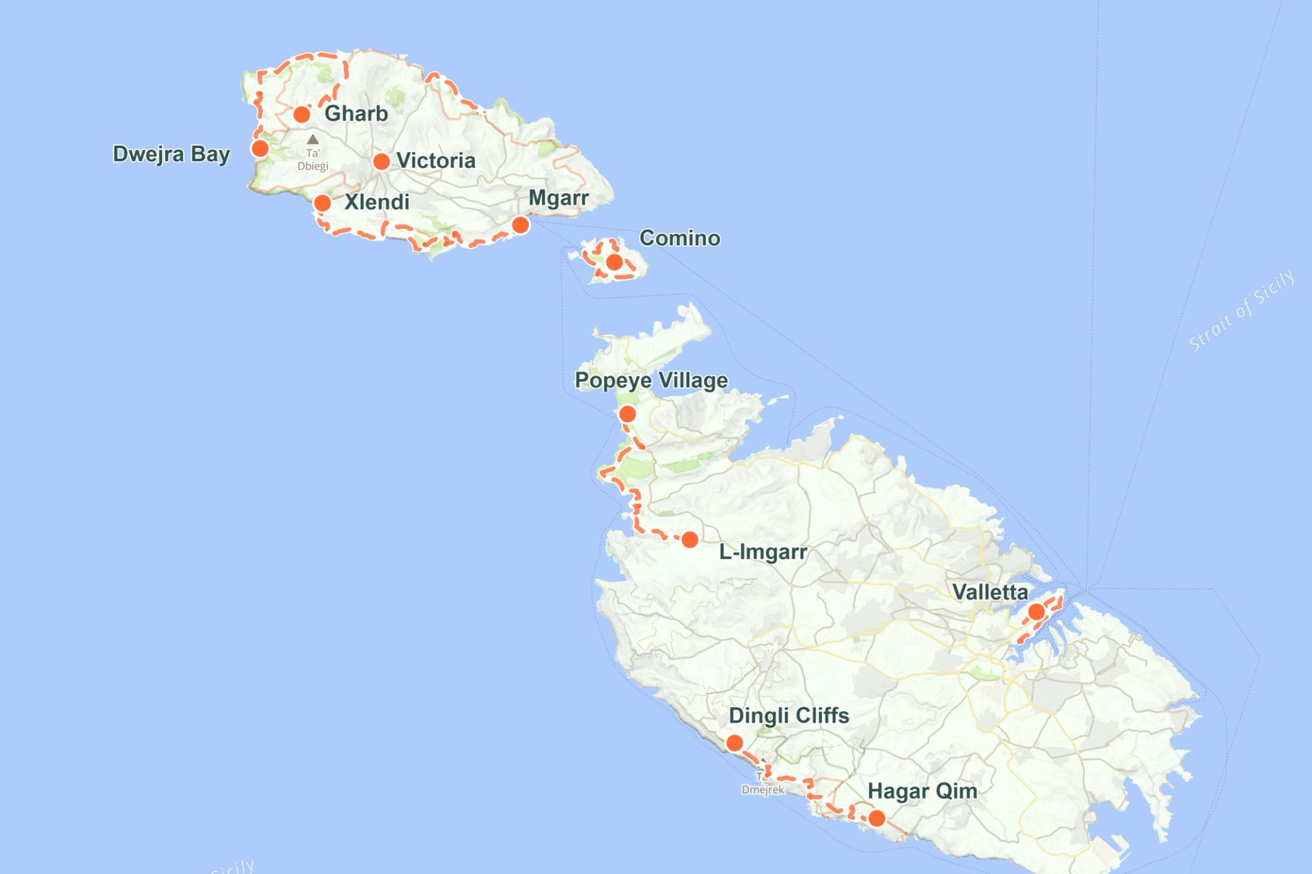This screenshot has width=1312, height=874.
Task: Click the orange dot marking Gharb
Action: (x=301, y=114)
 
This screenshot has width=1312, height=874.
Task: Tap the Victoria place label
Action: (x=436, y=160)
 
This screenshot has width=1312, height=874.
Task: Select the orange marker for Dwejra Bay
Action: (x=260, y=148)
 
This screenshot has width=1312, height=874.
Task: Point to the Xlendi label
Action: (x=377, y=202)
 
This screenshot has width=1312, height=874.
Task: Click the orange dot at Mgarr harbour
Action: (x=520, y=225)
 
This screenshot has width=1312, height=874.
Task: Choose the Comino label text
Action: (x=679, y=238)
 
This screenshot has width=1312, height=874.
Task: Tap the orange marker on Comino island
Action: (x=614, y=262)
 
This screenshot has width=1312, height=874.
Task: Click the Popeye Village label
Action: (x=651, y=380)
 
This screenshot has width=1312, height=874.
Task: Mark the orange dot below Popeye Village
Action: (x=627, y=414)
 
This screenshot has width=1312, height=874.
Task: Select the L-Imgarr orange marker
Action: (x=690, y=540)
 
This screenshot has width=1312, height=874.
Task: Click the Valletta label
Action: (x=989, y=592)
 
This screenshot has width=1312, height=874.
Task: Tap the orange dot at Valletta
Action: (x=1036, y=612)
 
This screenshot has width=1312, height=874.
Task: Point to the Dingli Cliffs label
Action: (x=789, y=716)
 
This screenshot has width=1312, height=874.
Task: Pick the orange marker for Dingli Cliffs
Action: (x=735, y=743)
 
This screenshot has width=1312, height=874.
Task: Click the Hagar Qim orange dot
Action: (x=877, y=818)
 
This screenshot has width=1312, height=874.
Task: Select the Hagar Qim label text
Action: (x=922, y=791)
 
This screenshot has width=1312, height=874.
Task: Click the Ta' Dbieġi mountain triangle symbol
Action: (x=312, y=139)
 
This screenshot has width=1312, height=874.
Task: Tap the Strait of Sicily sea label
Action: (x=1241, y=310)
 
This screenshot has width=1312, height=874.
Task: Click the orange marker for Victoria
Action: (x=381, y=162)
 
